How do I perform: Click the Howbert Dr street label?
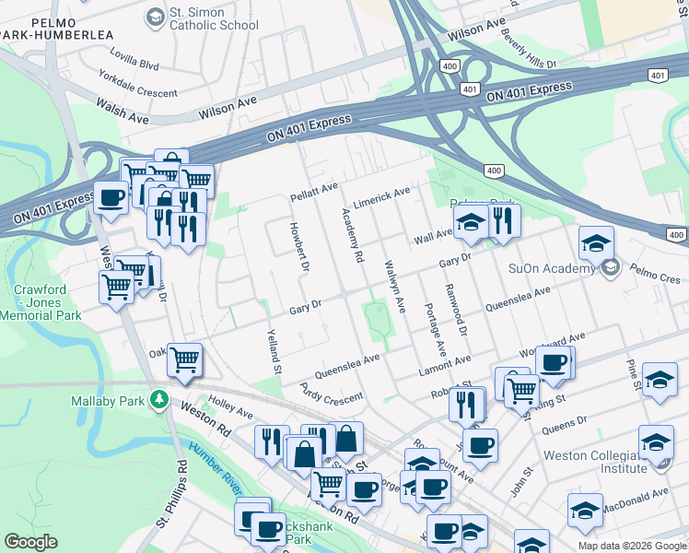click(298, 246)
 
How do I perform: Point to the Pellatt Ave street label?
click(315, 190)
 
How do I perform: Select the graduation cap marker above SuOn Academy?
click(596, 243)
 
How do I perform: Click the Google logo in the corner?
click(31, 541)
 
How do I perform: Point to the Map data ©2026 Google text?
click(631, 546)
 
